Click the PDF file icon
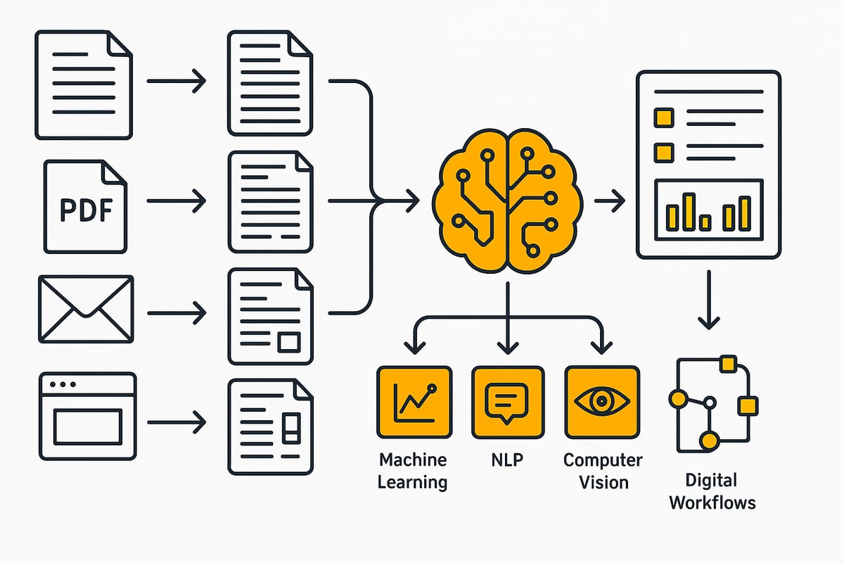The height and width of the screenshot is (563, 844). point(85,206)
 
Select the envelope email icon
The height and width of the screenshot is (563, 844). point(85,310)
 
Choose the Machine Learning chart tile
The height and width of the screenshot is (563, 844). point(414,402)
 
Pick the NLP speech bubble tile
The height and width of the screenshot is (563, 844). point(507,402)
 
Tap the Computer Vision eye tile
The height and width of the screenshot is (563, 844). point(602,402)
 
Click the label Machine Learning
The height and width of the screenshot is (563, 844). point(413,471)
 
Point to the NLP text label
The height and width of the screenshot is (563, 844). point(507,460)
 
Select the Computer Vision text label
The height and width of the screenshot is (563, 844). point(603,471)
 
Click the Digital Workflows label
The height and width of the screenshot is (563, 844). point(712,491)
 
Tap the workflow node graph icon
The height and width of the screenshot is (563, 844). point(712,404)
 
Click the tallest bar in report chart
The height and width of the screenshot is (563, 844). point(689,211)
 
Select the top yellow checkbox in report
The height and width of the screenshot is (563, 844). point(663,118)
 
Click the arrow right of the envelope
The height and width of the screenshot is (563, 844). point(176,310)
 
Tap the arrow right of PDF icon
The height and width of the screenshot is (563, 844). point(176,201)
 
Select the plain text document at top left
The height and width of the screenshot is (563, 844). point(84,84)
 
